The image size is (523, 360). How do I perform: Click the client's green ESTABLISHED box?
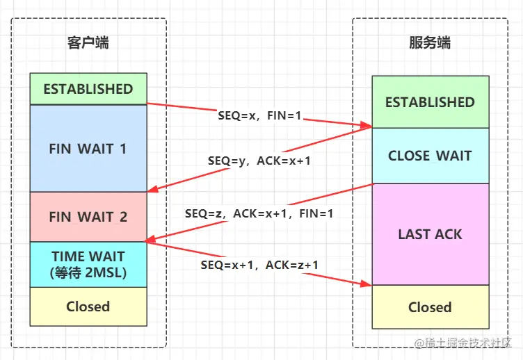coord(88,89)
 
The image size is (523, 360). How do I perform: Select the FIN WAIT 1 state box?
coord(88,149)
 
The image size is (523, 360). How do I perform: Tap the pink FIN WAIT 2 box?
coord(88,217)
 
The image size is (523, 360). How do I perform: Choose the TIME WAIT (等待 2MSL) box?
coord(88,264)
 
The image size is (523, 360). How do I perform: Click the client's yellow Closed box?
coord(88,306)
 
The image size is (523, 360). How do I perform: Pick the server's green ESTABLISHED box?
coord(429,102)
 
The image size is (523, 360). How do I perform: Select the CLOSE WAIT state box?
coord(429,156)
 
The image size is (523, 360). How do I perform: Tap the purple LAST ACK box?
coord(429,234)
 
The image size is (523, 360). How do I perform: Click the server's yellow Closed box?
coord(429,307)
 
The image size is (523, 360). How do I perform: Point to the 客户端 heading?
coord(88,43)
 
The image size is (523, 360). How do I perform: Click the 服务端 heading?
coord(429,43)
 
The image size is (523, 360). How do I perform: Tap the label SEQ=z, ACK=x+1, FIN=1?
coord(259,214)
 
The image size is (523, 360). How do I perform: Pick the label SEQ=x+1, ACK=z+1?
coord(259,265)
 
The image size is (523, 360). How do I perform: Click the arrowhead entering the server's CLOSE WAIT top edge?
coord(367,126)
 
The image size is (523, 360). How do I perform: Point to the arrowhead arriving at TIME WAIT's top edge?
coord(152,240)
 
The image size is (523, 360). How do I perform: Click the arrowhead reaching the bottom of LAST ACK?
coord(367,283)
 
